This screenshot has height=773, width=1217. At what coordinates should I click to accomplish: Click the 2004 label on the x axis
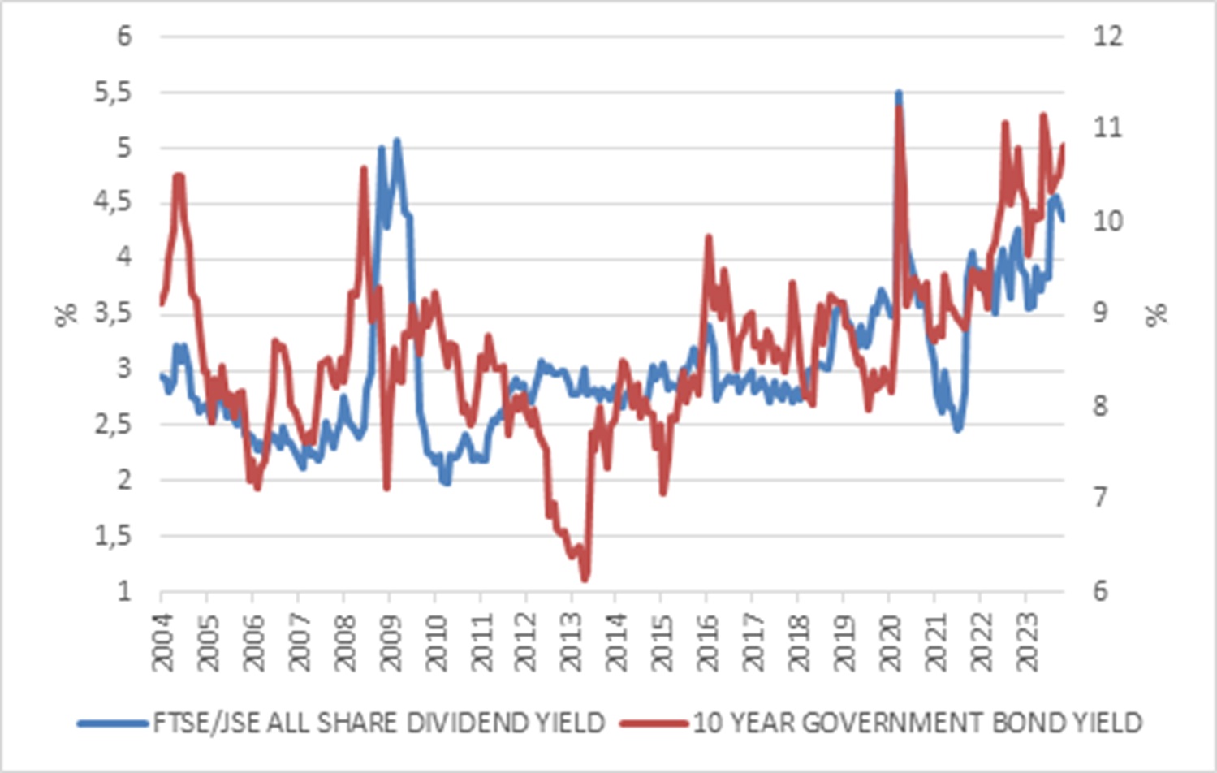coord(163,641)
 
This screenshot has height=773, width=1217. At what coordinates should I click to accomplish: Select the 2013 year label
coord(572,641)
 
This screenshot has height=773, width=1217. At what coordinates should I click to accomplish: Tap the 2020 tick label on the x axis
coord(891,641)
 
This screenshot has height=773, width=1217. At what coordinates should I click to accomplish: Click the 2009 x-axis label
coord(391,641)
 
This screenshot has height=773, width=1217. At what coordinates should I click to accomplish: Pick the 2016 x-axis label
coord(709,641)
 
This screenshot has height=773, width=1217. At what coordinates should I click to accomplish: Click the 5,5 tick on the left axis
coord(112,93)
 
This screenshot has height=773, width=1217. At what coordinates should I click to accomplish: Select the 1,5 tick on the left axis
coord(112,536)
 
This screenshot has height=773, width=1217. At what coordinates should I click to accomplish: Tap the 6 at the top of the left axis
coord(123,37)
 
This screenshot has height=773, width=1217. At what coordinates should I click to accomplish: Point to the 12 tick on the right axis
coord(1107,37)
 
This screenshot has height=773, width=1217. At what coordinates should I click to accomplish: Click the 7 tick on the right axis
coord(1099,497)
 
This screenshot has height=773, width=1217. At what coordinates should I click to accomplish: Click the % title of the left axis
coord(66,313)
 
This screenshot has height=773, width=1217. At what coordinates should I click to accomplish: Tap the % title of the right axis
coord(1157,313)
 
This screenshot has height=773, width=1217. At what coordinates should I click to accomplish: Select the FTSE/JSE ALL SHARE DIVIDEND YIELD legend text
coord(378,723)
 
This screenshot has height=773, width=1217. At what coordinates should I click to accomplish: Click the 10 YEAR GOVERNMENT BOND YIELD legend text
coord(917,723)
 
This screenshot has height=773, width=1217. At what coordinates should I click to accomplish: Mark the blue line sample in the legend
coord(113,723)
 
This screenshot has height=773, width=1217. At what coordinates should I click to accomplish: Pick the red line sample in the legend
coord(654,723)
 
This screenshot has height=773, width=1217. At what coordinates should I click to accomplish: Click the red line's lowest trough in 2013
coord(585,579)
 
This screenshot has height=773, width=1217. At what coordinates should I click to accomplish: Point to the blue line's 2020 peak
coord(899,93)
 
